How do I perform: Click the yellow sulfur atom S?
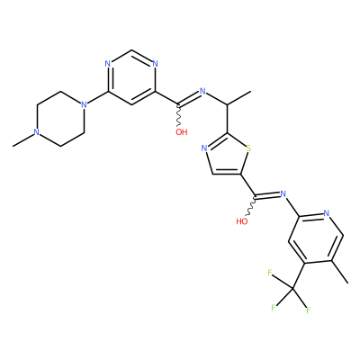coord(248,148)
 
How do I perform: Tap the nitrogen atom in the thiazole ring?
coord(204,148)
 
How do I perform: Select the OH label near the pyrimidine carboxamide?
coord(182,132)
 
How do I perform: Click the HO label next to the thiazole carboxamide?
coord(242,221)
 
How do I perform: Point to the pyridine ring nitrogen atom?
coord(327,213)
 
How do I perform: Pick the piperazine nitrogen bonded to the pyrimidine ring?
coord(85,104)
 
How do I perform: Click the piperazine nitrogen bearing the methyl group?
coord(36,132)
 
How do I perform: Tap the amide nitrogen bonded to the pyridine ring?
coord(282,193)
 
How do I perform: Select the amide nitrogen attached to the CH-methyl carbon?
coord(202,91)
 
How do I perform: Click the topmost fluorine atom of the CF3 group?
coord(269,273)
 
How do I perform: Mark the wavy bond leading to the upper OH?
coord(179,116)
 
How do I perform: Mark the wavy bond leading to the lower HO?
coord(251,207)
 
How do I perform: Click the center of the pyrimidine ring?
coord(131,77)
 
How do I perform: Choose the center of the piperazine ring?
coord(60,119)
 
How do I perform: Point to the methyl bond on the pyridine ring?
coord(340,272)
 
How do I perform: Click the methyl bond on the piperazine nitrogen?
coord(23,140)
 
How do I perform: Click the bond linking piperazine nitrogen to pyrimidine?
coord(97,98)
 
